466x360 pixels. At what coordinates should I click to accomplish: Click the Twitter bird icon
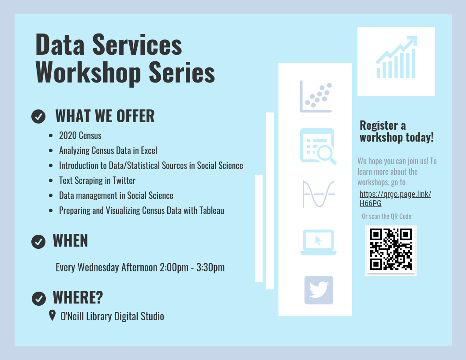click(319, 290)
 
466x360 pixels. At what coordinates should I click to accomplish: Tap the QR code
click(391, 250)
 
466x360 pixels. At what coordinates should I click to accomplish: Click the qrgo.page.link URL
click(395, 199)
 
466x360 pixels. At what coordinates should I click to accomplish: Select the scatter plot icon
click(316, 97)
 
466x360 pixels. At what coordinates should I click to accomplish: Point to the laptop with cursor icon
click(318, 242)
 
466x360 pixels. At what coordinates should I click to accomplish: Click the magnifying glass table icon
click(318, 146)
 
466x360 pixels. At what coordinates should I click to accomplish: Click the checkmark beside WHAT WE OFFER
click(39, 116)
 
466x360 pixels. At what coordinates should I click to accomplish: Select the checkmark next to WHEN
click(39, 241)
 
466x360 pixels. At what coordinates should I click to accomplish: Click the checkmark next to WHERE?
click(39, 298)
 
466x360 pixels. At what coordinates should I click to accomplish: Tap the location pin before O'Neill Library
click(52, 315)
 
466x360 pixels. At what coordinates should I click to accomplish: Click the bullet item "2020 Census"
click(80, 135)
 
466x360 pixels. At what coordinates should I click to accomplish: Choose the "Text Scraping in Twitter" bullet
click(97, 180)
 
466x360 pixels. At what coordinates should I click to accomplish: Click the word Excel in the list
click(149, 150)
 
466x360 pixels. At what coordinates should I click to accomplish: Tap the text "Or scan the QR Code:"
click(387, 216)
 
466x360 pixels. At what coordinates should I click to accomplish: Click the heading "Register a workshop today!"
click(396, 131)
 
